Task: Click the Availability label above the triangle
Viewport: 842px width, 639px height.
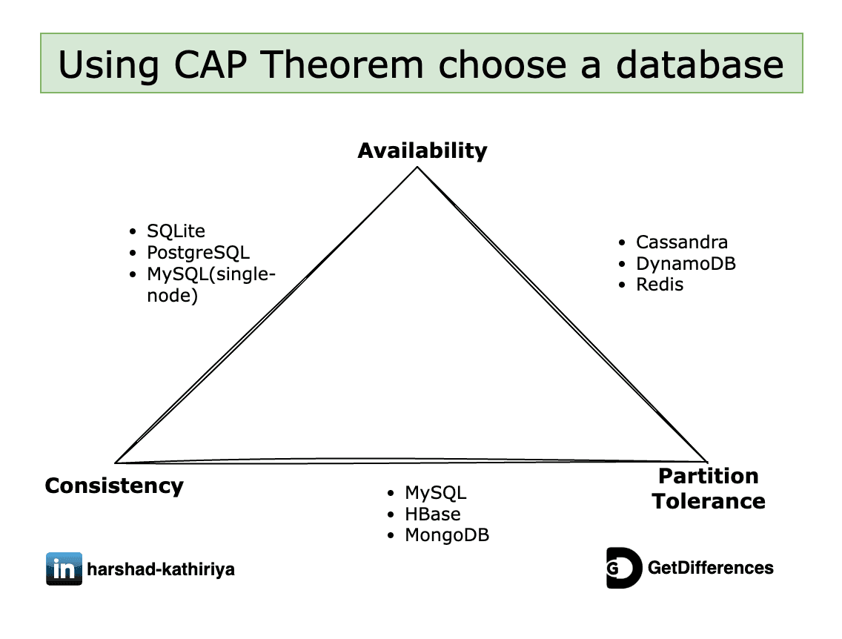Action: [422, 150]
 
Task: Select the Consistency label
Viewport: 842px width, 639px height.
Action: [114, 486]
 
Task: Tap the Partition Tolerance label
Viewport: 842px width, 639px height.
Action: [708, 489]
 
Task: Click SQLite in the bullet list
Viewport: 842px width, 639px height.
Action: [175, 232]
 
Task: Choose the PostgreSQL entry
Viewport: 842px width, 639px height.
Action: [198, 253]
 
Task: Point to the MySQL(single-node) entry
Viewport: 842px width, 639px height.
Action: [210, 285]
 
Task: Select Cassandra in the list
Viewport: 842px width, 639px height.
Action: [681, 242]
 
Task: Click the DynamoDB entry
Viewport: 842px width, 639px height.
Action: [686, 264]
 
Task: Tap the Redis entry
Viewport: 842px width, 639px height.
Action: [660, 285]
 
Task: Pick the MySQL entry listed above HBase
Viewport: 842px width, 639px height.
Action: [435, 493]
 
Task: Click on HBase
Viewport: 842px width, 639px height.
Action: [432, 514]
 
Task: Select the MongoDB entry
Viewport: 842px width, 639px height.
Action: [446, 535]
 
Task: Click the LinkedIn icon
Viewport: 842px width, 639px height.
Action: [64, 569]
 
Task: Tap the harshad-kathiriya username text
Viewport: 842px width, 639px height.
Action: [161, 570]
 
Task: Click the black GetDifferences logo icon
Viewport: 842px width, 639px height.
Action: [623, 569]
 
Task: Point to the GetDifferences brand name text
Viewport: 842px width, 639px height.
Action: [710, 569]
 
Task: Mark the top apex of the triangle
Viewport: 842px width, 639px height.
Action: [418, 168]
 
